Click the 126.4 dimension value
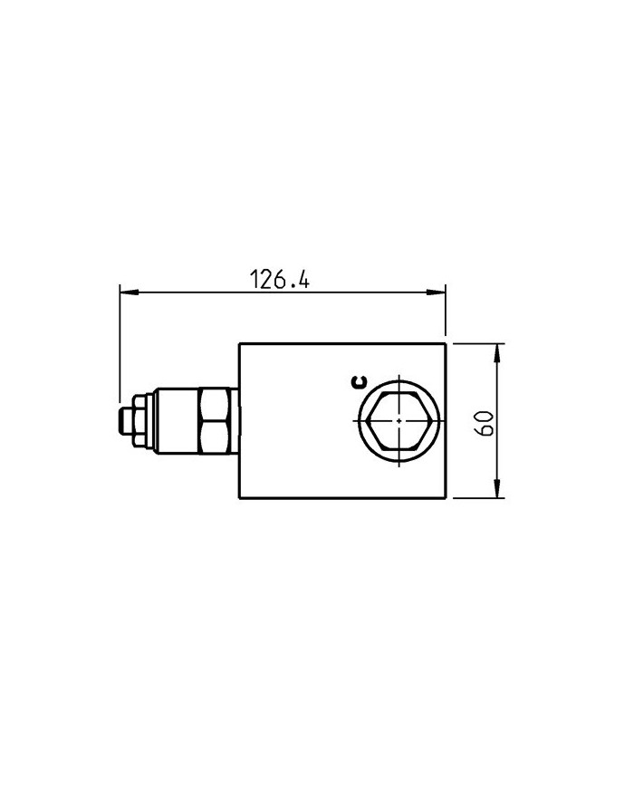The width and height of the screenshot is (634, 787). tap(279, 280)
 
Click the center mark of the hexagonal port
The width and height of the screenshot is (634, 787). tap(398, 420)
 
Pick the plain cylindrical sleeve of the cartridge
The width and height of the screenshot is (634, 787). tap(177, 420)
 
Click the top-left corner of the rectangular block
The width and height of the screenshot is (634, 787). tap(239, 343)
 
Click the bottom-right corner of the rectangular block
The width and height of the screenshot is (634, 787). tap(447, 498)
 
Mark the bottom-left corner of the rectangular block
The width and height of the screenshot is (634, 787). tap(239, 498)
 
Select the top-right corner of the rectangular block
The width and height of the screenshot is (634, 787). tap(447, 343)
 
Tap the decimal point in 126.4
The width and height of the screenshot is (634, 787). tap(290, 287)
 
